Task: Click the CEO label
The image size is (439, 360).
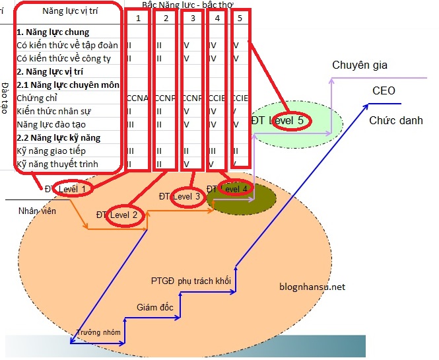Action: coord(384,90)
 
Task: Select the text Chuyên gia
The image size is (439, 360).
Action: coord(359,65)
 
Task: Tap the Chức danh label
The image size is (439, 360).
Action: coord(396,120)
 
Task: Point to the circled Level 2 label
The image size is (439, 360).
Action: coord(124,215)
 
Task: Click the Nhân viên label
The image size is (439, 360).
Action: coord(37,211)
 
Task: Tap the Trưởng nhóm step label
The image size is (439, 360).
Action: coord(98,332)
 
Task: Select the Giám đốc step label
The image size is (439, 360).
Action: coord(154,307)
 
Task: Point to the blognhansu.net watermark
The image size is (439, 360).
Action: coord(312,287)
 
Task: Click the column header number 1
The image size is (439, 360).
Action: coord(138,18)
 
